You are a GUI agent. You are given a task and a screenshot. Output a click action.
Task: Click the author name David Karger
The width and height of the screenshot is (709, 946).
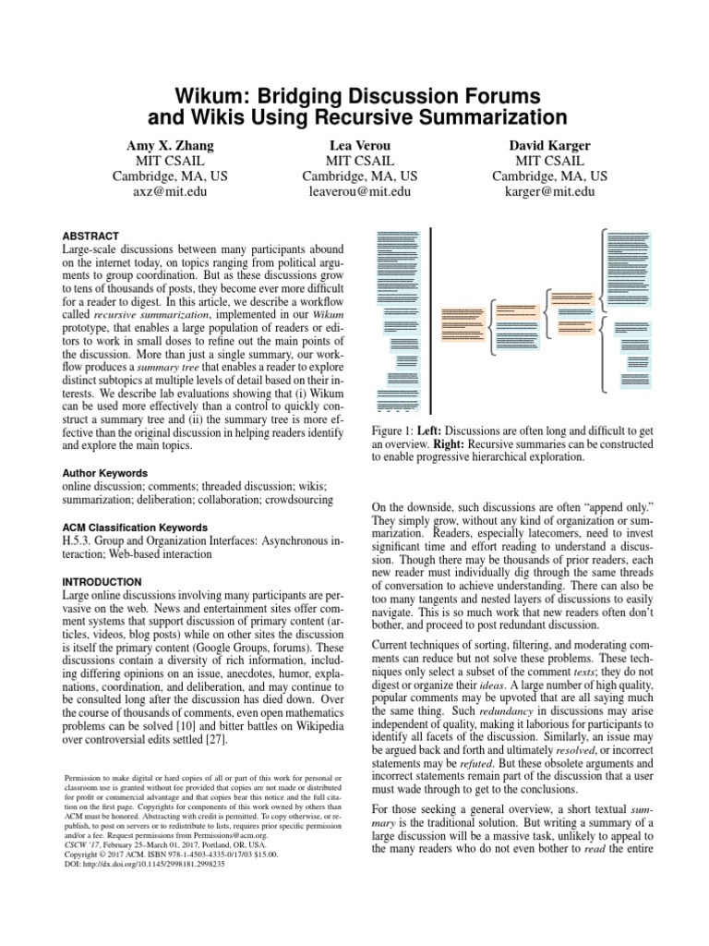click(549, 145)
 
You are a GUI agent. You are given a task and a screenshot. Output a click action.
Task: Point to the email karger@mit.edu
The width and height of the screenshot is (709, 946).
click(549, 192)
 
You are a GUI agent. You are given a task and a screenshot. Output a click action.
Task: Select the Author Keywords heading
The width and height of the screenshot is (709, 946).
click(104, 470)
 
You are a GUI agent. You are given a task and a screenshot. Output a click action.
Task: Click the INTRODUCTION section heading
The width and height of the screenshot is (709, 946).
click(102, 581)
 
